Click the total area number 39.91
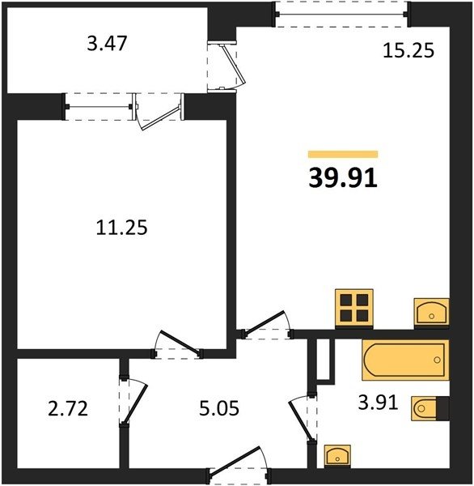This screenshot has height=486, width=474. coord(343,178)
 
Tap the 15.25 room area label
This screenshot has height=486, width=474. coord(408,51)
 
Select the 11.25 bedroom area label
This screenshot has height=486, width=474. coord(121,228)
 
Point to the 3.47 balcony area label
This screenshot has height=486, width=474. coord(107,44)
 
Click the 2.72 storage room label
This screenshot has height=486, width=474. coord(68,408)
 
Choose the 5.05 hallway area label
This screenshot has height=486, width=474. coord(219,408)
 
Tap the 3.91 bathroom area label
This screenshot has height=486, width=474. coord(378,403)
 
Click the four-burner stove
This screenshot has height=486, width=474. coord(354,308)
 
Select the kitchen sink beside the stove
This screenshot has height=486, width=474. coord(432,312)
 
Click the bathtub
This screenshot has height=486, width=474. coord(405,360)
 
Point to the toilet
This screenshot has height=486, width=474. coord(430,408)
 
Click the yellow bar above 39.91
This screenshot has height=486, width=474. coord(343,154)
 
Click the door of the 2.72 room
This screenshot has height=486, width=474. coord(135,403)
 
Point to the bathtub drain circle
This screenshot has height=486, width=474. coord(437,360)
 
